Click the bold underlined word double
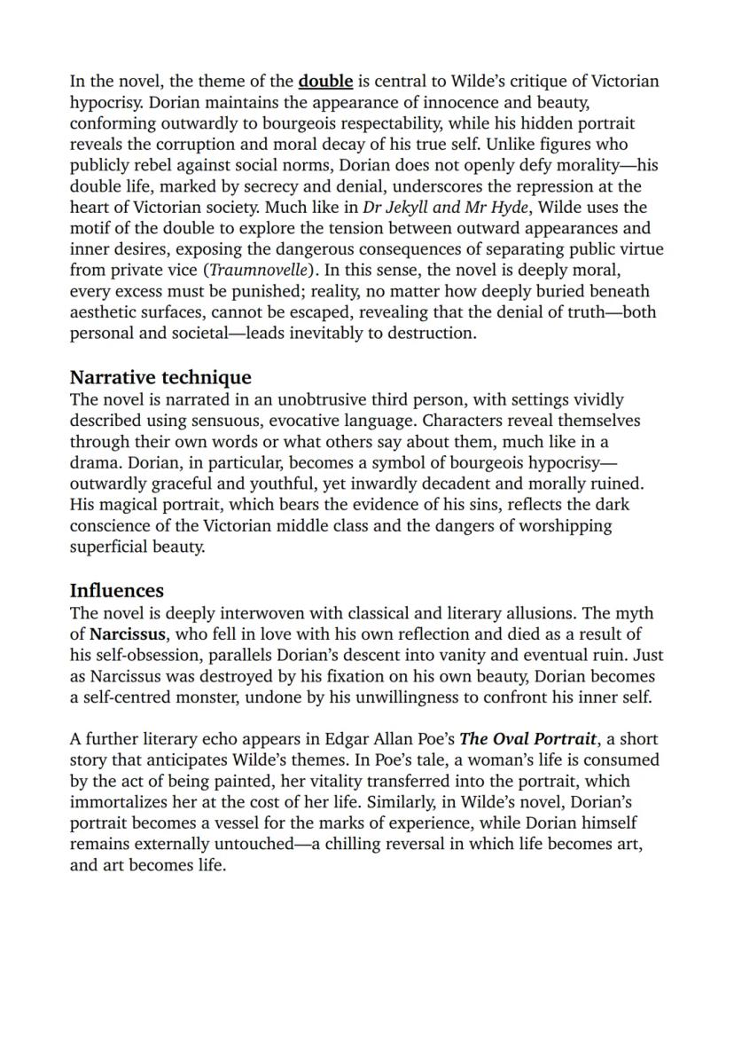tap(325, 82)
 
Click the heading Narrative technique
tap(160, 377)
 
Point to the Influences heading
tap(116, 590)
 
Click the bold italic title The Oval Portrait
tap(527, 739)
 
